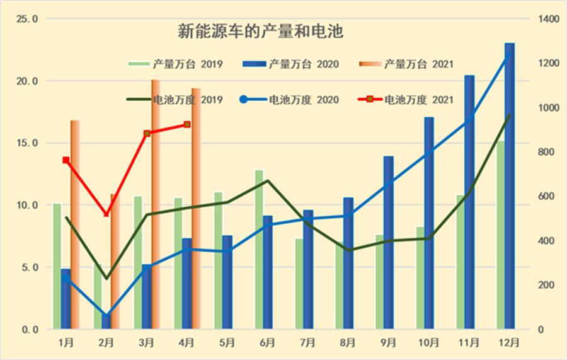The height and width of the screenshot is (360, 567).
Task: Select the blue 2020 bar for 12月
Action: (510, 189)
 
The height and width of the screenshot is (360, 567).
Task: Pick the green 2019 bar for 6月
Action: (259, 252)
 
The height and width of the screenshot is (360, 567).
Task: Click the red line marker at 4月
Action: (187, 125)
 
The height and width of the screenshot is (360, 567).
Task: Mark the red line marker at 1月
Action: (66, 160)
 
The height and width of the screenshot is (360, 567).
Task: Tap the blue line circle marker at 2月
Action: (106, 316)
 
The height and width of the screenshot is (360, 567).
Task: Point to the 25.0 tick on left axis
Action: (26, 20)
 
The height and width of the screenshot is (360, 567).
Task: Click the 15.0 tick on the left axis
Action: (26, 143)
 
